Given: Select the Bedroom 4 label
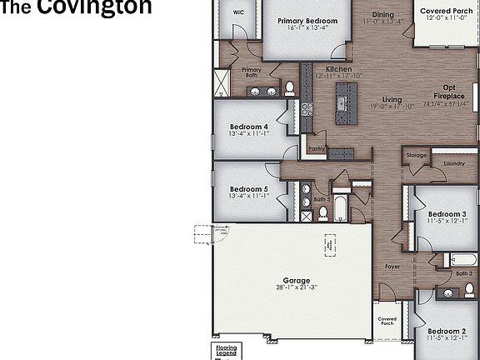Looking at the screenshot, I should pyautogui.click(x=248, y=127).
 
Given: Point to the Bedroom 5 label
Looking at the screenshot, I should pyautogui.click(x=248, y=189).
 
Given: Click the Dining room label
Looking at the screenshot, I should pyautogui.click(x=383, y=15).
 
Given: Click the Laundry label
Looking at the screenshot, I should pyautogui.click(x=454, y=163).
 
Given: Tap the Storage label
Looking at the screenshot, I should pyautogui.click(x=416, y=156).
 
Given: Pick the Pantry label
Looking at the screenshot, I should pyautogui.click(x=316, y=149).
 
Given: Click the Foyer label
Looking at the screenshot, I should pyautogui.click(x=392, y=267).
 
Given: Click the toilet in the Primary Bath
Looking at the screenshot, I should pyautogui.click(x=290, y=87).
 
